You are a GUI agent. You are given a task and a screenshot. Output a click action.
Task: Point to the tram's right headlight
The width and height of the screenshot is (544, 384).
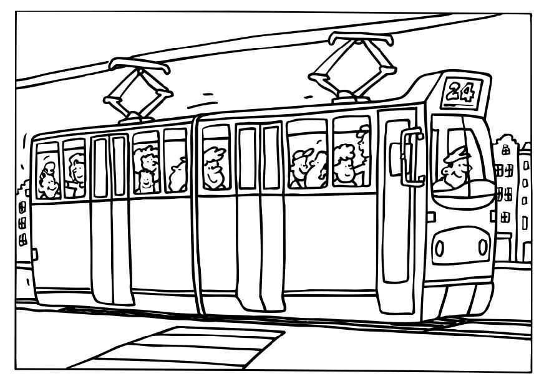482,247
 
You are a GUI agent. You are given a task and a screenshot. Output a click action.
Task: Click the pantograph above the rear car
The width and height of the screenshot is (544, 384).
138,89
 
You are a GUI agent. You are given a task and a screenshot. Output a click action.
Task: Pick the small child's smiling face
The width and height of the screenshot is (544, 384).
147,181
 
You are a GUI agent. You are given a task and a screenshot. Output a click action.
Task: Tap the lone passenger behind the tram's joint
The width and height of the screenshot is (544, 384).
215,167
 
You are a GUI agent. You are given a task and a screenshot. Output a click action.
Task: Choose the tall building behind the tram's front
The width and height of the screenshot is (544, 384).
512,199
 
